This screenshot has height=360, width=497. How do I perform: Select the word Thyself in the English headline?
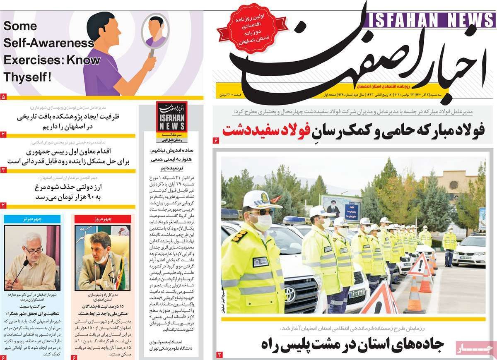(26, 77)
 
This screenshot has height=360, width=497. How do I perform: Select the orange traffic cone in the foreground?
(414, 296)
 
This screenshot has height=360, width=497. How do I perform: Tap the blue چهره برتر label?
(32, 218)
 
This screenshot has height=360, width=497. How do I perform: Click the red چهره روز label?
(103, 219)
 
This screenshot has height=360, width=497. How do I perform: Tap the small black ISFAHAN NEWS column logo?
(171, 116)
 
